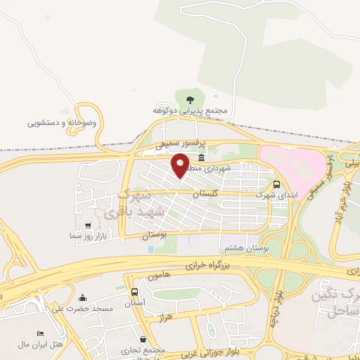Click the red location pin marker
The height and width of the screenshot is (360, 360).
tap(180, 166)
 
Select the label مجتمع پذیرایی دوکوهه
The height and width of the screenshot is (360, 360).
tap(190, 111)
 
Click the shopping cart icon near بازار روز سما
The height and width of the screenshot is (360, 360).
tap(88, 226)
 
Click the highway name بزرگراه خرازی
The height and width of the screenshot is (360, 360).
tap(208, 266)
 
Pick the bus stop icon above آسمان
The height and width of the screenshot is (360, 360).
tap(134, 290)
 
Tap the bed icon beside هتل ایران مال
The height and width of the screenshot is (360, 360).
tap(40, 333)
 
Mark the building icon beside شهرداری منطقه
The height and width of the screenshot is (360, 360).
tap(202, 157)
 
